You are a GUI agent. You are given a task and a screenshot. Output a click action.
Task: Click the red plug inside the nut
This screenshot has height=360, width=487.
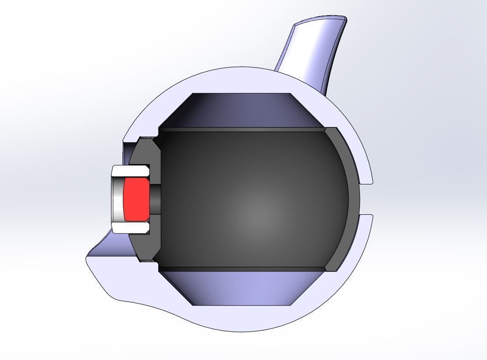coord(137,199)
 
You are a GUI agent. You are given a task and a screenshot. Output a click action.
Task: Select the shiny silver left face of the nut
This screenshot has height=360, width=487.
coord(118,199)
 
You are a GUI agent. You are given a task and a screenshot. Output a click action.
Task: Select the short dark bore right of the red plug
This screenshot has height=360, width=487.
coord(155,199)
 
